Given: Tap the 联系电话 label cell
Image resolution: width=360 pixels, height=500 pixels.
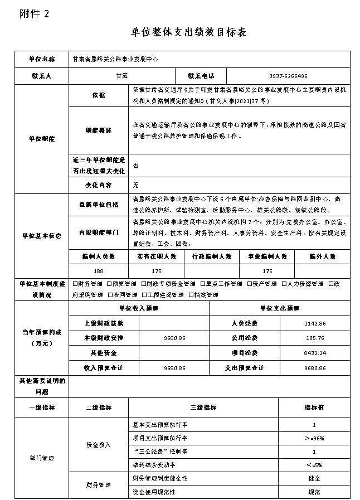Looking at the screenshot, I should (x=201, y=76).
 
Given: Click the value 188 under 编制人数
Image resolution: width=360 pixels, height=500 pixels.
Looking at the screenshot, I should (x=98, y=271).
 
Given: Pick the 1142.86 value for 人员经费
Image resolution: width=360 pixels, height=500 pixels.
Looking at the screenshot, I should (x=315, y=323).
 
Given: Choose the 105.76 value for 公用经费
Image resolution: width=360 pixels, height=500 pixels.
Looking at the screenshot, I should (x=315, y=338).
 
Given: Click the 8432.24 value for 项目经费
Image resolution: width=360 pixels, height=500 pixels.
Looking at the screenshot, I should (x=315, y=353).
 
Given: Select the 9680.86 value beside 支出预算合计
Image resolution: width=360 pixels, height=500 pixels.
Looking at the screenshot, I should (x=315, y=368).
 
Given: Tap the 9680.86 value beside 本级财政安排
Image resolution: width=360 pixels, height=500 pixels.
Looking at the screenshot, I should (x=175, y=338).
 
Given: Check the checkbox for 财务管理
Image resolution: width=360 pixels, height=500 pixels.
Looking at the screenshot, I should (x=76, y=284).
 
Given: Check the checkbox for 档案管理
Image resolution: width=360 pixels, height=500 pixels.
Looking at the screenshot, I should (x=191, y=295).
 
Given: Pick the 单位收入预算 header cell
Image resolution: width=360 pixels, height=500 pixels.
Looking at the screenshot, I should (x=139, y=308).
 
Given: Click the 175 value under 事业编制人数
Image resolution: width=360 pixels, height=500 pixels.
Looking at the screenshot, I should (x=267, y=271).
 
